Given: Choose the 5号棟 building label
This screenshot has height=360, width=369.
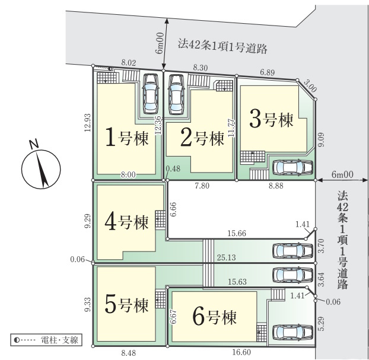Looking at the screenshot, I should coord(126,305).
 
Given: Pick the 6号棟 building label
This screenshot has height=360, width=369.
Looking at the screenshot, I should coord(214,317).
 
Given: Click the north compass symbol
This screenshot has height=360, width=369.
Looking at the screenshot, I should coord(39,165).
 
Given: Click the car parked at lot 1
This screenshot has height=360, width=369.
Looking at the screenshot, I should coord(149,95).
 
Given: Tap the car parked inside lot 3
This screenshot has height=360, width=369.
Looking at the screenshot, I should coord(291,168).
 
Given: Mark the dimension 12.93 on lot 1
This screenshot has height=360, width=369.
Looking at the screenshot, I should coord(87,125).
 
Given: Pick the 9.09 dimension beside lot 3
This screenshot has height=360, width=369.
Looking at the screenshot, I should coord(320,140).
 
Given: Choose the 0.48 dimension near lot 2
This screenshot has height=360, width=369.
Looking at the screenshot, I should coord(173,168).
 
